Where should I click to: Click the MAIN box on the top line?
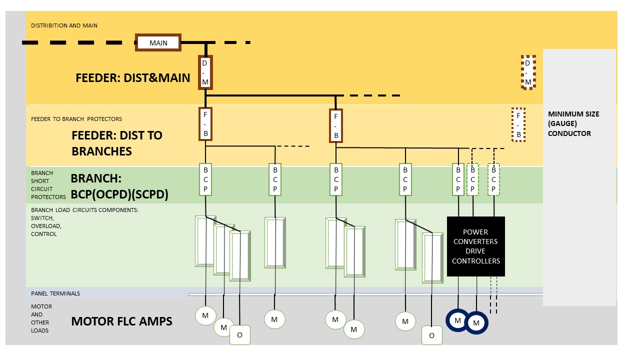pos(158,43)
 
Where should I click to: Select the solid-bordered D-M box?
pos(205,72)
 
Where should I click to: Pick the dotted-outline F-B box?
pos(519,124)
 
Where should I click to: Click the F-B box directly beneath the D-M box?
pos(205,124)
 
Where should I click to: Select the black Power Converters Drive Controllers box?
pos(475,246)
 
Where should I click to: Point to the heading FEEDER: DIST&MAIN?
pos(132,78)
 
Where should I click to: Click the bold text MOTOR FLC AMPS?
pos(121,321)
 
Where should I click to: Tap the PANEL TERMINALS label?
pos(55,293)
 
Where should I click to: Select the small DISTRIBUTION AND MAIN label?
pos(64,25)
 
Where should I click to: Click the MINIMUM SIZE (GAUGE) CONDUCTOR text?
pos(573,124)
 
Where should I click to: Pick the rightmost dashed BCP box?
pos(494,179)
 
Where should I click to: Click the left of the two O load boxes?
pos(239,335)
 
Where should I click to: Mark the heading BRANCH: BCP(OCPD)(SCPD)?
pos(119,187)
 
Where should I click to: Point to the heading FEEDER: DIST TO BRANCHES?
pos(117,143)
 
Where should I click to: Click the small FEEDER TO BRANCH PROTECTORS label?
pos(76,119)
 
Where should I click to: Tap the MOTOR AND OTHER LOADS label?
pos(41,318)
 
